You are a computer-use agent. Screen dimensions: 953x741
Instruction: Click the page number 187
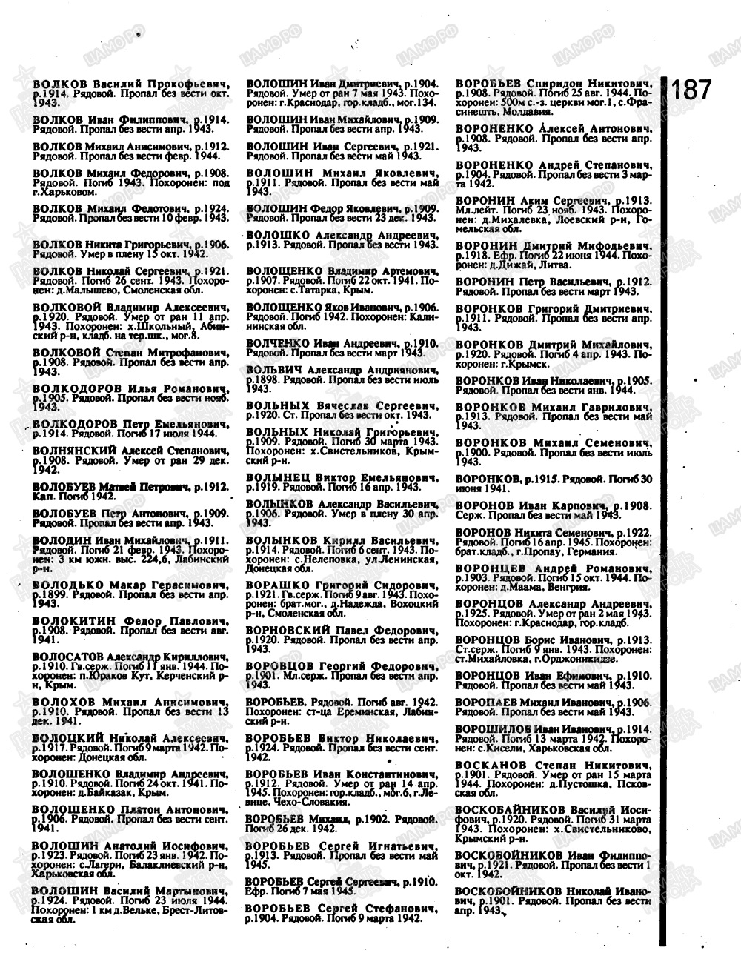coord(692,91)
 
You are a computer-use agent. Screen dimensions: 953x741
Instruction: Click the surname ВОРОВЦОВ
coord(281,666)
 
